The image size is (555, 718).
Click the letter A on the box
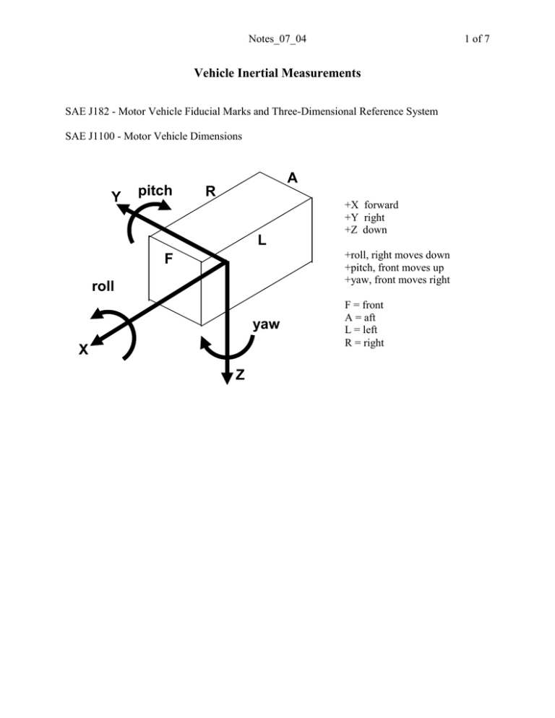292,178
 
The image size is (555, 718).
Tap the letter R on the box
210,191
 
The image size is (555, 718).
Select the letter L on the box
263,241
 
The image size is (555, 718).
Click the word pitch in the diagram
155,191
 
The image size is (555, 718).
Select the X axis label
85,350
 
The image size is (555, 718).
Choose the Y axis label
116,196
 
